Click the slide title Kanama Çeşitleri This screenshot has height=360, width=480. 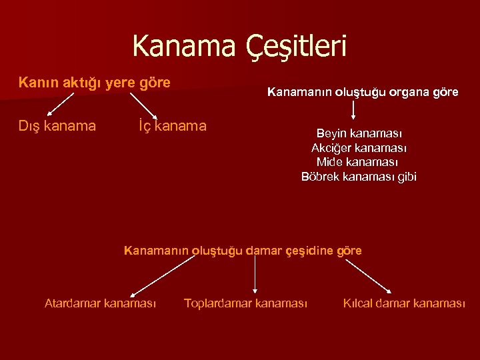239,46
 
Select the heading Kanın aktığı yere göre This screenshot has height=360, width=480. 95,83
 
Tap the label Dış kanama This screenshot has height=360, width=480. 57,125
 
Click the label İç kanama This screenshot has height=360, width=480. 172,125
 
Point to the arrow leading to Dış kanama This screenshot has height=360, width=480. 59,105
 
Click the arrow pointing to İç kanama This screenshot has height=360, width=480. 143,105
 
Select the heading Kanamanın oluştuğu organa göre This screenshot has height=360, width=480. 363,92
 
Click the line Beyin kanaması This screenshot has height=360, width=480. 359,133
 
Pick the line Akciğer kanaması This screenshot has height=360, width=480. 359,148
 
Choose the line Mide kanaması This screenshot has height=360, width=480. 359,162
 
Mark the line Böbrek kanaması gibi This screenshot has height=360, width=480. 359,177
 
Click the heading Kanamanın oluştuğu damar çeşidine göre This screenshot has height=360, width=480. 243,251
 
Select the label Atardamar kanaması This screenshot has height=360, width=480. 100,303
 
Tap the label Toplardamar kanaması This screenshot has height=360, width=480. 245,303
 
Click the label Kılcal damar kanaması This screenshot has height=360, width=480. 404,303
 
